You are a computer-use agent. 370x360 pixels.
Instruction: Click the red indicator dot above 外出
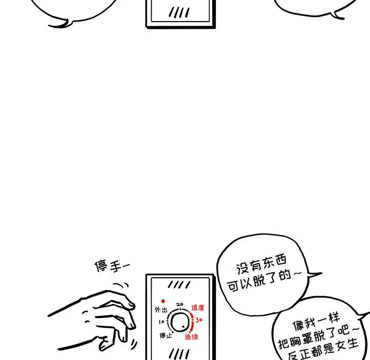163,301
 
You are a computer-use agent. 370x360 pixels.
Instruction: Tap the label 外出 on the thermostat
161,310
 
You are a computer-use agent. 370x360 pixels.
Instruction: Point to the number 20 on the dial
180,304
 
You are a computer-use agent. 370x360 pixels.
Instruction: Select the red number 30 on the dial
199,320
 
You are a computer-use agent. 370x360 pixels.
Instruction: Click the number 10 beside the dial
161,322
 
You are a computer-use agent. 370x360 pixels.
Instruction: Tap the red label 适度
198,308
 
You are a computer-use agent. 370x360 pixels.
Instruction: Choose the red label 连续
191,337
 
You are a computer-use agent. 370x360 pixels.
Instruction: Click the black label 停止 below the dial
166,335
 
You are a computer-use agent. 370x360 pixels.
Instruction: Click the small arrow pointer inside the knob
183,327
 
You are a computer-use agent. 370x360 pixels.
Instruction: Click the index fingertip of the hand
132,305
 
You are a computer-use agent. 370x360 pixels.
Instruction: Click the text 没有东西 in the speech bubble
261,264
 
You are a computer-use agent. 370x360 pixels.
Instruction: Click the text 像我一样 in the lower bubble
316,321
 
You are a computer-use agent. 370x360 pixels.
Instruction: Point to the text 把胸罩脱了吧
314,337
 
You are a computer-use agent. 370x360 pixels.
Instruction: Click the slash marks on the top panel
179,12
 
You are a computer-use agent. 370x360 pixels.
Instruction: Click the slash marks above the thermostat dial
179,285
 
